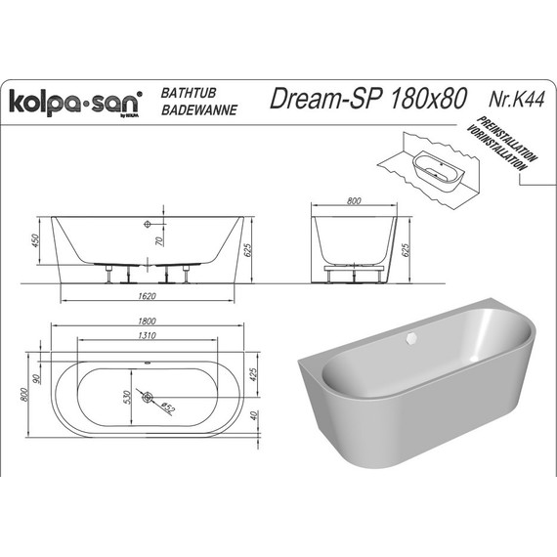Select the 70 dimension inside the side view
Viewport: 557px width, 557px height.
[x=160, y=237]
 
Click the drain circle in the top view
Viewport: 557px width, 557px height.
[x=147, y=397]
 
